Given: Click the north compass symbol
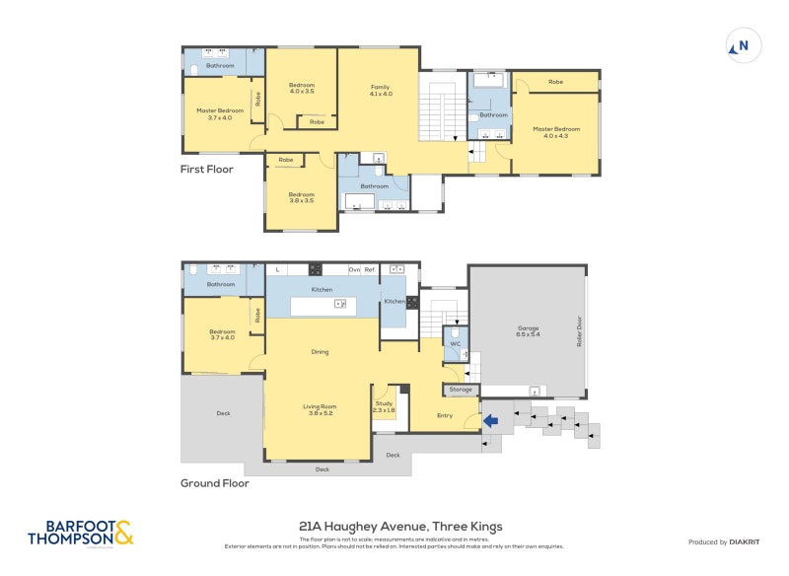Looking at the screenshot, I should click(741, 45).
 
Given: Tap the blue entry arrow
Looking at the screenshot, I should click(490, 422).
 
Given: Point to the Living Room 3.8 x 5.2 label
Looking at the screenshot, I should click(320, 408).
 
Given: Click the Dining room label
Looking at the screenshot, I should click(320, 351).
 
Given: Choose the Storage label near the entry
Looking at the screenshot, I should click(461, 391).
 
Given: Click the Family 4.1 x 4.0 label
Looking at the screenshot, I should click(380, 91).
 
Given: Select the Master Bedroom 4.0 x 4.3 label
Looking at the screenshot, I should click(553, 131).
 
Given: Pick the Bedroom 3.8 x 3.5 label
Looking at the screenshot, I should click(301, 197).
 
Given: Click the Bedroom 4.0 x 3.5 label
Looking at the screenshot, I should click(301, 88).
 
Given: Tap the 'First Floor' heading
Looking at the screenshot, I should click(207, 169).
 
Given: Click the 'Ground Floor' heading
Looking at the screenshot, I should click(214, 483).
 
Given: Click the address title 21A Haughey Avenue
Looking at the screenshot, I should click(400, 527).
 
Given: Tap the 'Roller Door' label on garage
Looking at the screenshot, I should click(580, 330).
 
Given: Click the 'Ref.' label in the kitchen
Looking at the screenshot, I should click(370, 269).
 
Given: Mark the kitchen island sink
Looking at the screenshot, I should click(339, 305).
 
